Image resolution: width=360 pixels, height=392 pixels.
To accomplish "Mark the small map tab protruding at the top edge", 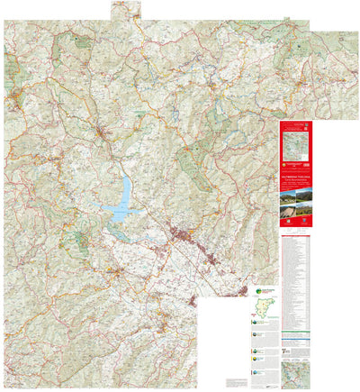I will (x=125, y=10).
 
